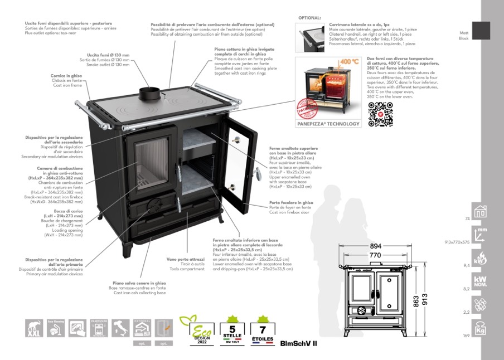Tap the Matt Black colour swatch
click(x=481, y=31)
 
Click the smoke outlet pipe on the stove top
click(x=149, y=95)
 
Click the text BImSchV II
click(x=298, y=343)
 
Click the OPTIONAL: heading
click(x=309, y=18)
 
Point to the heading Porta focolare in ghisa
click(x=291, y=203)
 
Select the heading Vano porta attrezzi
click(x=186, y=259)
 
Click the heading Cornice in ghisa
click(x=70, y=75)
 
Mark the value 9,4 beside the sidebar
click(x=466, y=266)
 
